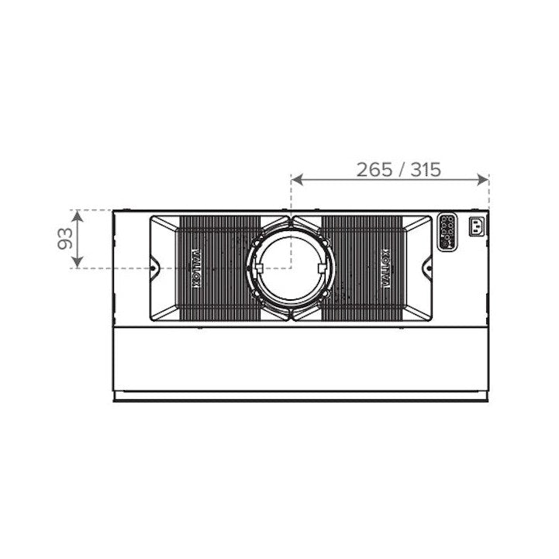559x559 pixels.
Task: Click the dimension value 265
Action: point(374,170)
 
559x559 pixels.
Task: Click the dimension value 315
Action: point(426,170)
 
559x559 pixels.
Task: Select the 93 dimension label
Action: point(65,239)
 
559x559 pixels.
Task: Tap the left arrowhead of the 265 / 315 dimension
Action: point(297,180)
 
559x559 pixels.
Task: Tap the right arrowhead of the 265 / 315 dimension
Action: point(483,180)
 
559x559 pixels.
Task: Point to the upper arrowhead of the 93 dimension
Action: point(78,216)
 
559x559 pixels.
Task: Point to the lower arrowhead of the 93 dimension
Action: point(78,262)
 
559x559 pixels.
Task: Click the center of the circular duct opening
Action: point(291,268)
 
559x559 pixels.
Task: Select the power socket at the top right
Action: point(477,226)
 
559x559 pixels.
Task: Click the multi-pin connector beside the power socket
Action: point(447,233)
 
